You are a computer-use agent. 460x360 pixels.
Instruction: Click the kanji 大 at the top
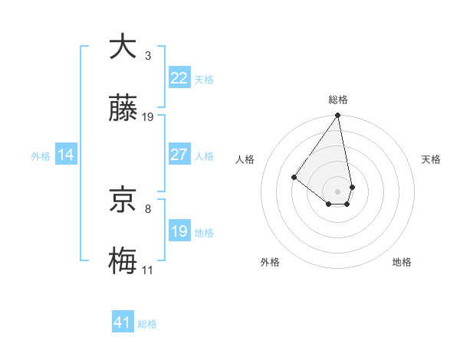[x=123, y=47]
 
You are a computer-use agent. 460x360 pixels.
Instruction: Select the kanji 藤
[x=123, y=110]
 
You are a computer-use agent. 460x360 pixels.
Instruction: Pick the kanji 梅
[x=123, y=262]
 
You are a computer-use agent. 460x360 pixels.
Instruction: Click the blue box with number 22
[x=179, y=78]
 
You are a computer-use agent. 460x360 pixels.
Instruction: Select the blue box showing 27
[x=179, y=155]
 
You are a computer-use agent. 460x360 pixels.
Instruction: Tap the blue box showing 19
[x=179, y=231]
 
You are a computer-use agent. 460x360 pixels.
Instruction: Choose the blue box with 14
[x=66, y=155]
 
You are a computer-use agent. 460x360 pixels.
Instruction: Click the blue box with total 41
[x=123, y=322]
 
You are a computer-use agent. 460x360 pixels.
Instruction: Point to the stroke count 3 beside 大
[x=148, y=55]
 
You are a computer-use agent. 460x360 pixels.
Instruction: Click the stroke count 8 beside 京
[x=148, y=208]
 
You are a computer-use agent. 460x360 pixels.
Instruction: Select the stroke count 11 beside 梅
[x=147, y=270]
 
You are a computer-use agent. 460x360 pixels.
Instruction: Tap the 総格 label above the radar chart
[x=338, y=100]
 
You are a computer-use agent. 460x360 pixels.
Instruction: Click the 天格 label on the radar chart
[x=431, y=159]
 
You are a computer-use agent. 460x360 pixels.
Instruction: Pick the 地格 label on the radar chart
[x=402, y=262]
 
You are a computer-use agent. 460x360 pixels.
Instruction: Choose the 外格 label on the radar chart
[x=270, y=262]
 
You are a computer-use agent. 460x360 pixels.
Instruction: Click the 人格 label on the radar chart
[x=245, y=159]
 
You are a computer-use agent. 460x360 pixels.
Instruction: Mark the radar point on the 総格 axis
[x=338, y=116]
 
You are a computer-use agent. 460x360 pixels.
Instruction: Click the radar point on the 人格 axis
[x=294, y=177]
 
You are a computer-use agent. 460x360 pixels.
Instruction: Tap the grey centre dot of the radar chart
[x=337, y=191]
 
